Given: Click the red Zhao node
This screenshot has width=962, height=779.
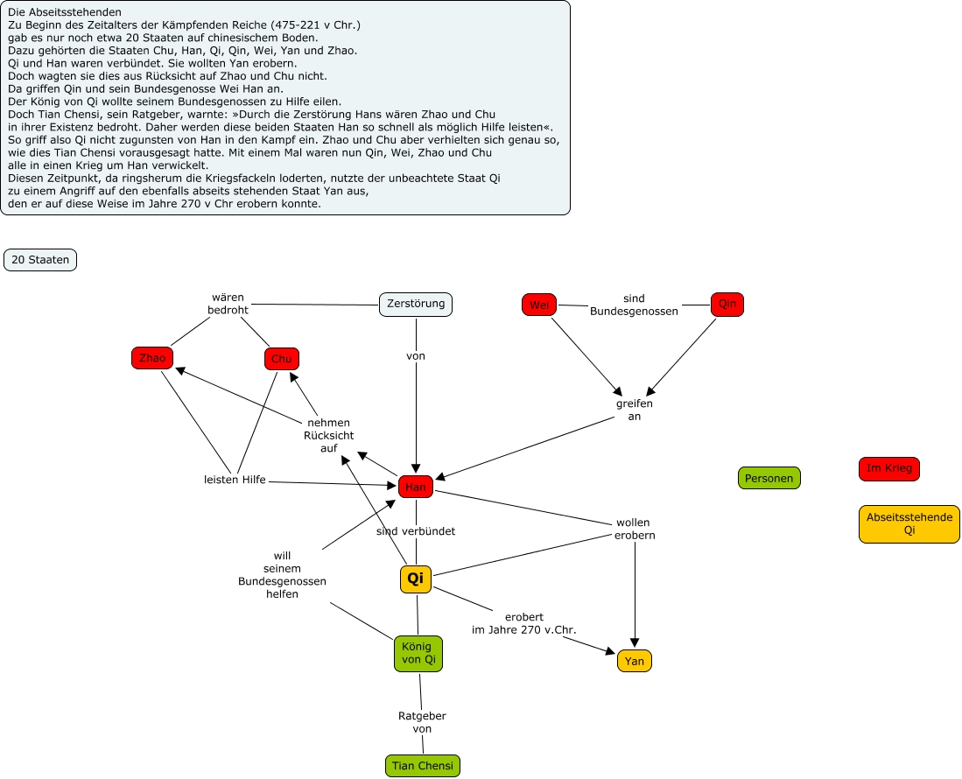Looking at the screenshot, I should tap(152, 357).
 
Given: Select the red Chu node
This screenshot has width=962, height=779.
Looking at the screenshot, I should tap(282, 359).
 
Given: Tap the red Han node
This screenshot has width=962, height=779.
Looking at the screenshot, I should tap(416, 487).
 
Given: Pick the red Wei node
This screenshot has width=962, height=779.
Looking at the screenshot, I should tap(539, 305).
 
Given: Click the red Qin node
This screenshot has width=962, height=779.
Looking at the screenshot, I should tap(727, 305).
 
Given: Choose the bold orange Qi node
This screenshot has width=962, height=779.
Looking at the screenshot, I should tap(416, 579).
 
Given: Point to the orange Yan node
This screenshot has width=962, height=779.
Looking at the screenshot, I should tap(635, 661).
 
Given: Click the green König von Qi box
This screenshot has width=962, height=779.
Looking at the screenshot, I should tap(418, 653).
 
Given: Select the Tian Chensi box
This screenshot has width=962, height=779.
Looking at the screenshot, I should tap(423, 766).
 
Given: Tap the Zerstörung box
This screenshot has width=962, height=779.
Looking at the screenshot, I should tap(416, 304).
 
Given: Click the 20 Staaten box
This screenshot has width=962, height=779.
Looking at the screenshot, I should tap(40, 260).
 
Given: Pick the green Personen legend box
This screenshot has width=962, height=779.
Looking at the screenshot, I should tap(769, 478).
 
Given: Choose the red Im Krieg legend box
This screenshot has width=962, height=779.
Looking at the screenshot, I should tap(889, 468).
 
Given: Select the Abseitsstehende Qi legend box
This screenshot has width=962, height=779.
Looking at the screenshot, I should tap(909, 523).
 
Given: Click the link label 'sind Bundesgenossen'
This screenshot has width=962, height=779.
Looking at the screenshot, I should tap(634, 305).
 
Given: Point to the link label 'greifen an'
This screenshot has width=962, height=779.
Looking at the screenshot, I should tap(635, 410).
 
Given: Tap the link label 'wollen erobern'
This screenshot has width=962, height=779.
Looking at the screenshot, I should tap(635, 529).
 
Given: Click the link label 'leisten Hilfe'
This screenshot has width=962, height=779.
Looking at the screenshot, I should tap(235, 480).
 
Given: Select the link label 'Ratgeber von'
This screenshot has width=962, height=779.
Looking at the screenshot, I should tap(422, 722).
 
